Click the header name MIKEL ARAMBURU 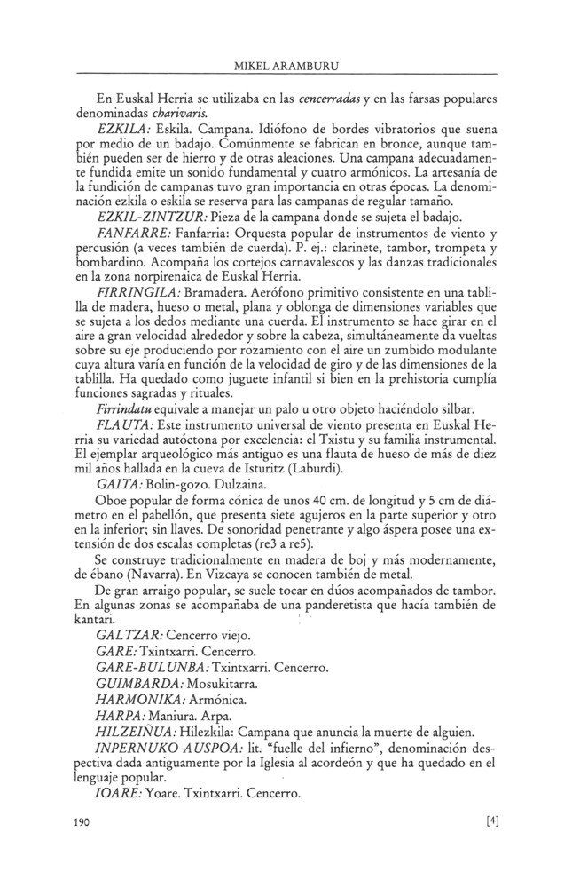click(285, 65)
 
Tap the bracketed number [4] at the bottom click(493, 821)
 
